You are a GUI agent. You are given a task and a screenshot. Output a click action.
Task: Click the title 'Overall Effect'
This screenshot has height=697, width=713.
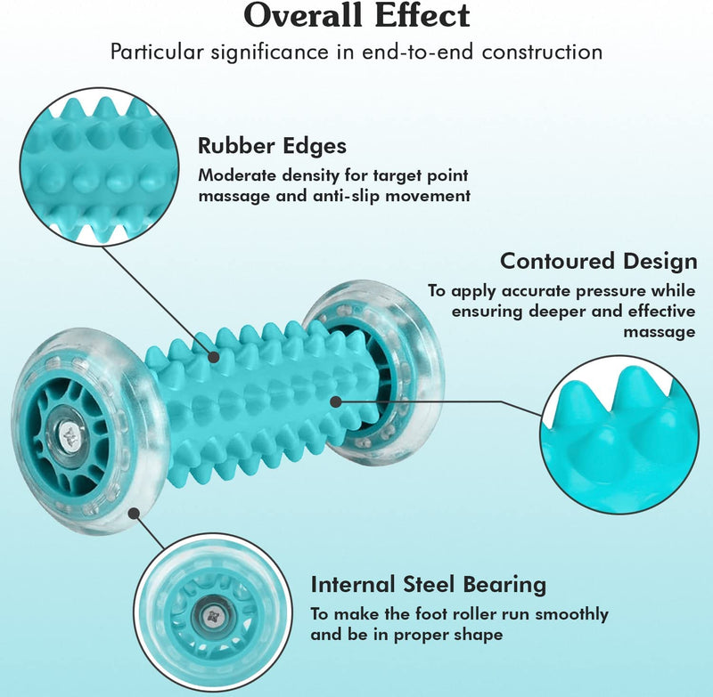coord(356,15)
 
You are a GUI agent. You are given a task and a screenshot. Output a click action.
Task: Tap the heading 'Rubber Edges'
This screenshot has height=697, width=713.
coord(272,146)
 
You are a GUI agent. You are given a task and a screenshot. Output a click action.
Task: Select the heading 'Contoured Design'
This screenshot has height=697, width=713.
coord(598,262)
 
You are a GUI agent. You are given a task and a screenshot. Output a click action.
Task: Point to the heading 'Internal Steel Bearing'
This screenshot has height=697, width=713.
coord(429,584)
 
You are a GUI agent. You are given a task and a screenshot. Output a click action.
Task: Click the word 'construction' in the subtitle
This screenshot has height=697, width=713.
coord(543,53)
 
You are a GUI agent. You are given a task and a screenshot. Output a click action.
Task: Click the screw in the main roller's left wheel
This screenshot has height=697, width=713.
coord(70,435)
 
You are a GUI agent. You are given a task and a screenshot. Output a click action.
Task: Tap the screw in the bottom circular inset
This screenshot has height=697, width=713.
coord(212,617)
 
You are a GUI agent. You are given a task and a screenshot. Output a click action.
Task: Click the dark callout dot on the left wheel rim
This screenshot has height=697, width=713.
coord(133,513)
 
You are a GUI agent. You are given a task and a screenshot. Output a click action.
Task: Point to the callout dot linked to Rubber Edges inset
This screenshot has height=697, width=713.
coord(214,357)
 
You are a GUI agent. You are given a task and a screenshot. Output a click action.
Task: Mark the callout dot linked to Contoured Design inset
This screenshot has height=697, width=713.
coord(336,401)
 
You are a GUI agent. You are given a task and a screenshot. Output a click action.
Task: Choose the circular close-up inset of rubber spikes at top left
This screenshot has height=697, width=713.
coord(99,166)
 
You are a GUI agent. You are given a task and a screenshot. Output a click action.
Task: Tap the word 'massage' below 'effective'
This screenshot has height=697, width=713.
coord(660,332)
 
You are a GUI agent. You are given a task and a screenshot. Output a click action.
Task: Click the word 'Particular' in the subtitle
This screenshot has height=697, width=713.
coord(157,53)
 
